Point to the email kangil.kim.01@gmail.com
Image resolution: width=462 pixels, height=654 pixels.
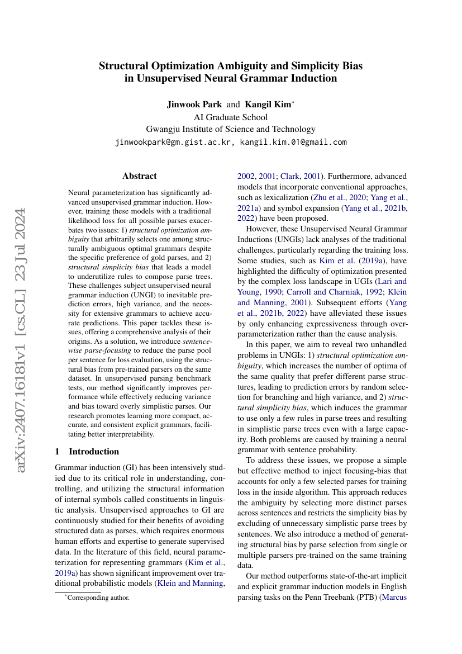(293, 142)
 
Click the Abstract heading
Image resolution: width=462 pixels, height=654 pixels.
(140, 176)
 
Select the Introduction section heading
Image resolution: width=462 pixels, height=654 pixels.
(94, 451)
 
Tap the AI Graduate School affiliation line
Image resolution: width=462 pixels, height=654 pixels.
(230, 117)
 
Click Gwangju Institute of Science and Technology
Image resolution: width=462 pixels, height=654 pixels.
(230, 129)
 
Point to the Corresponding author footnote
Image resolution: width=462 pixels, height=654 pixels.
(98, 598)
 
